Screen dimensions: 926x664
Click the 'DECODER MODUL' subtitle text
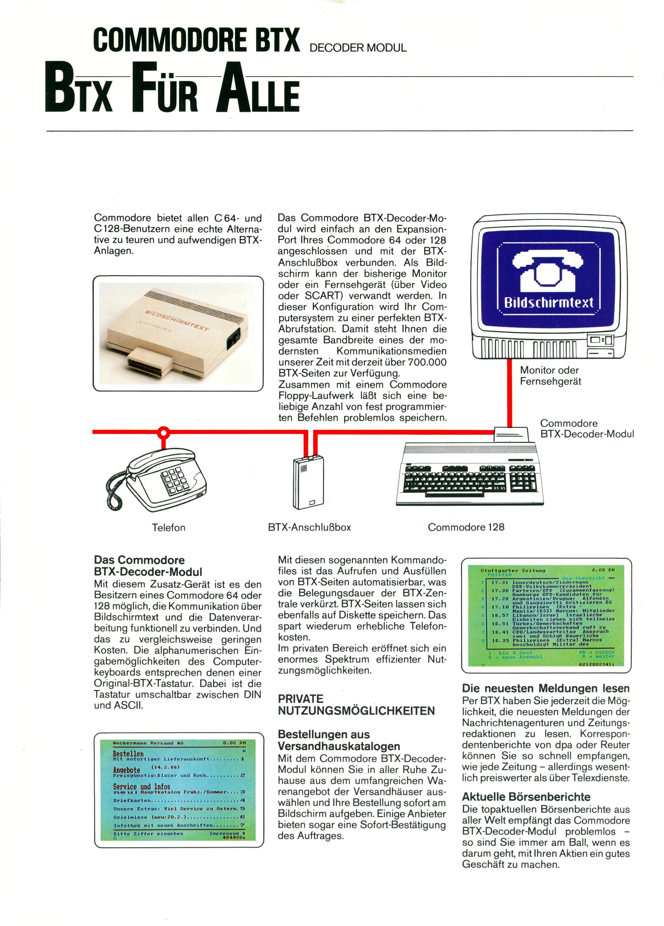[x=358, y=48]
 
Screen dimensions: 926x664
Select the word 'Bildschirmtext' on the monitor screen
[x=549, y=302]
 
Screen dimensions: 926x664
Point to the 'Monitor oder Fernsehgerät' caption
[x=550, y=376]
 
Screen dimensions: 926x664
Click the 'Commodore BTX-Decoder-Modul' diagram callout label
[x=586, y=428]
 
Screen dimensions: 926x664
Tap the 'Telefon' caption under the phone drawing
[x=169, y=527]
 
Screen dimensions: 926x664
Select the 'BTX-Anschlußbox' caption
[x=309, y=527]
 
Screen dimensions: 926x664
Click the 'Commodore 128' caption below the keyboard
[x=466, y=527]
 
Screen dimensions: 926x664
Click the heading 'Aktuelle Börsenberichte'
[x=526, y=797]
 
